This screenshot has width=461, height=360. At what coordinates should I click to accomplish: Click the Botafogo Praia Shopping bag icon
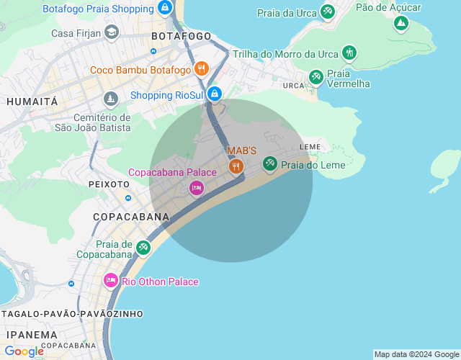(165, 9)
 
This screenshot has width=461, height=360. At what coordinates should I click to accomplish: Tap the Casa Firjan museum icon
(111, 32)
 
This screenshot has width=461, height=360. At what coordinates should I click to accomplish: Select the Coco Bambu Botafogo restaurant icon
(202, 70)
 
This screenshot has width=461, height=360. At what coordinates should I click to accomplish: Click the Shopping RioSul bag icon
(214, 94)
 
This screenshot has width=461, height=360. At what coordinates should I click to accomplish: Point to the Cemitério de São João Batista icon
(110, 99)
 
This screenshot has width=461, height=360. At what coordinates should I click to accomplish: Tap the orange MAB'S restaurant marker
(236, 166)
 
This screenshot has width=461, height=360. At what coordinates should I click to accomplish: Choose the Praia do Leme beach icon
(270, 164)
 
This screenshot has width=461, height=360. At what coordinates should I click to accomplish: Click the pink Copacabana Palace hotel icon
(196, 188)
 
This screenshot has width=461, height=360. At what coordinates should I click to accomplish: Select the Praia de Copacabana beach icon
(143, 247)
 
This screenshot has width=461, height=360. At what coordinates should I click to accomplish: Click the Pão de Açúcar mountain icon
(400, 23)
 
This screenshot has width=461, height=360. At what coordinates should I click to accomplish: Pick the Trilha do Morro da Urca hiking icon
(349, 53)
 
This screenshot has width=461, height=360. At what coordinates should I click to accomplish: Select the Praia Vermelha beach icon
(315, 76)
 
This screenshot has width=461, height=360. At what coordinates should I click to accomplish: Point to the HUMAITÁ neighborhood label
(32, 102)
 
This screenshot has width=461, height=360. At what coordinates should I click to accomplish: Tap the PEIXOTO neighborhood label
(109, 184)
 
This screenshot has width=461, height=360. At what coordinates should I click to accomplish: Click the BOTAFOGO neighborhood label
(182, 36)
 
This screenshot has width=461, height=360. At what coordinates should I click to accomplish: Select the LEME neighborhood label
(310, 147)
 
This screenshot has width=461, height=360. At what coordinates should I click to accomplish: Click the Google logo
(24, 351)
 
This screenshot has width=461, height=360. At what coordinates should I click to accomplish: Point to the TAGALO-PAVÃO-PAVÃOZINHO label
(72, 314)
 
